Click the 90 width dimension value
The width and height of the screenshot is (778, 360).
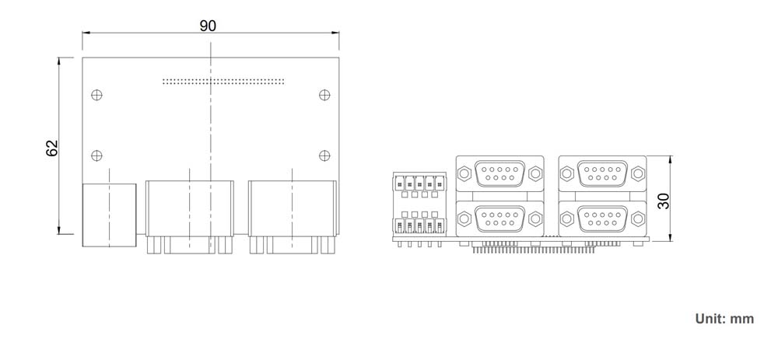click(207, 26)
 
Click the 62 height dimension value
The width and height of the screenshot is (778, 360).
click(52, 148)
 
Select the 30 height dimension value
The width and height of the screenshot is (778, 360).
click(663, 201)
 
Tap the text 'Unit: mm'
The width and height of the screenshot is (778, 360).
click(724, 319)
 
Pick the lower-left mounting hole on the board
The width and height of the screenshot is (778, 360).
click(96, 156)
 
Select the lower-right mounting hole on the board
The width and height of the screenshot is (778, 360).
click(324, 156)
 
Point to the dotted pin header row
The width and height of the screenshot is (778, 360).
click(223, 80)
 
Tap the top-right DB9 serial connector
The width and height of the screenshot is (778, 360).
click(602, 173)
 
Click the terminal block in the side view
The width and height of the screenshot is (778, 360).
click(420, 205)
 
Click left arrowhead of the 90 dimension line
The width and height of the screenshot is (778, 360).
click(86, 33)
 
